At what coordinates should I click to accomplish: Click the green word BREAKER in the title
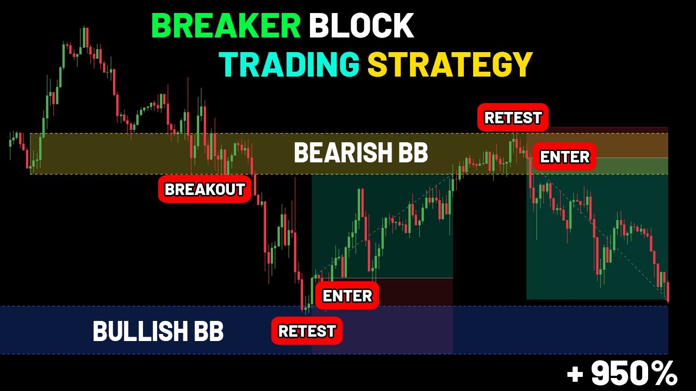pos(226,26)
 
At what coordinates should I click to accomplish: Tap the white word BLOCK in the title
pos(362,26)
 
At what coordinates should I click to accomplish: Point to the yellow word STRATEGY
pos(450,64)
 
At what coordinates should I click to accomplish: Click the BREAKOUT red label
pos(204,190)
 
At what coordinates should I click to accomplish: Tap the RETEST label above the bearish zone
pos(513,118)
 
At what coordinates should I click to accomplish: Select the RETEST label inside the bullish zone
pos(307,331)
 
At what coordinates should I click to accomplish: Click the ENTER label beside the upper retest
pos(564,157)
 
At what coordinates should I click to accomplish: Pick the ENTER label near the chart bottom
pos(347,296)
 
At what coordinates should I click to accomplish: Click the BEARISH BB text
pos(361,153)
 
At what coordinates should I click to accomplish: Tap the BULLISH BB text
pos(158,331)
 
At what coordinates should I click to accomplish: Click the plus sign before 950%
pos(575,374)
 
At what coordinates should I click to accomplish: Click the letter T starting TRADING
pos(228,64)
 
